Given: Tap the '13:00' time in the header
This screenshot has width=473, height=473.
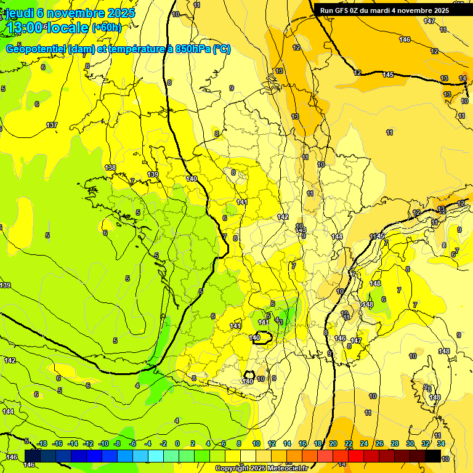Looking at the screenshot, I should pos(24,27).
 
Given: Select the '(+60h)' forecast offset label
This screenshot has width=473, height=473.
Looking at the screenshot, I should pos(107,28).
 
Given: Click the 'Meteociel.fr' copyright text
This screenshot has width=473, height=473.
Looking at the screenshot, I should pos(285,469).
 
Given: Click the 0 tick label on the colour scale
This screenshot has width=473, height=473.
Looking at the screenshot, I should pos(177,443).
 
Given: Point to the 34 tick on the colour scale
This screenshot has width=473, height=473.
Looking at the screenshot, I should pos(440,443).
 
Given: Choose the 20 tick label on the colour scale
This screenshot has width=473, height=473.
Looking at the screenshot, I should pos(333,443).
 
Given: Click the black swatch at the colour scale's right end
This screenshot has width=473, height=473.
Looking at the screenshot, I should pos(433,456).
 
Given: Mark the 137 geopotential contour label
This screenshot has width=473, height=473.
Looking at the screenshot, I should pos(52,125).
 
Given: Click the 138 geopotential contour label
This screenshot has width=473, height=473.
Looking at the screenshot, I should pos(110,168).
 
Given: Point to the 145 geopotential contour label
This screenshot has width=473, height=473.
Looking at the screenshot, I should pos(388,75).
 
